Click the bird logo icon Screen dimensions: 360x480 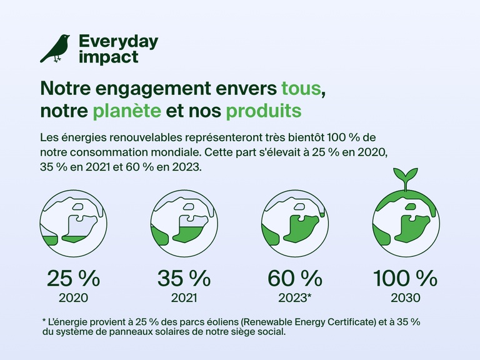[55, 48]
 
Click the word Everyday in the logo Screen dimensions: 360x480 [118, 42]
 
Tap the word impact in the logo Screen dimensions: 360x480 [109, 57]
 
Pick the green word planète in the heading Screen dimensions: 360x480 [126, 111]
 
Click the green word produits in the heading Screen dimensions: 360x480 [263, 111]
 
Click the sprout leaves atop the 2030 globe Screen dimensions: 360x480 [406, 174]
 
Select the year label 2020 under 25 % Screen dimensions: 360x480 [72, 297]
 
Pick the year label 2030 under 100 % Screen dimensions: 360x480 [406, 297]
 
